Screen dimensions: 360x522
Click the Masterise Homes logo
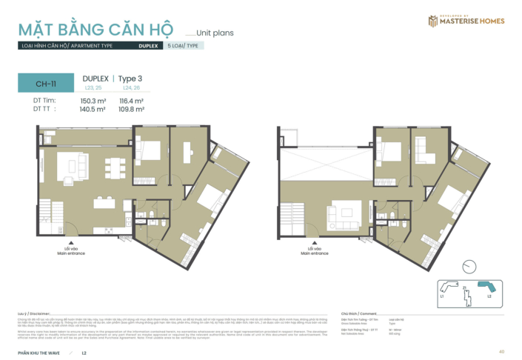coord(466,21)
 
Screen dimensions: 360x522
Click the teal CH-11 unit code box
coord(46,84)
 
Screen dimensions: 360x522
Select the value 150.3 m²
coord(93,101)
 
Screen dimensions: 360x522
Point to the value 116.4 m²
coord(130,101)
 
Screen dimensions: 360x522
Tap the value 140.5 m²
coord(93,109)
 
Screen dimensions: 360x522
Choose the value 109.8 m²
coord(130,109)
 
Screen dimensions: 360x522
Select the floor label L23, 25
coord(93,88)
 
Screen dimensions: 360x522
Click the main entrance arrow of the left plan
coord(70,241)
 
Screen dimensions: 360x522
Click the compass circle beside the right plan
coord(468,265)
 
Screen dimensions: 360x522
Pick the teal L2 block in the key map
coord(486,286)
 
